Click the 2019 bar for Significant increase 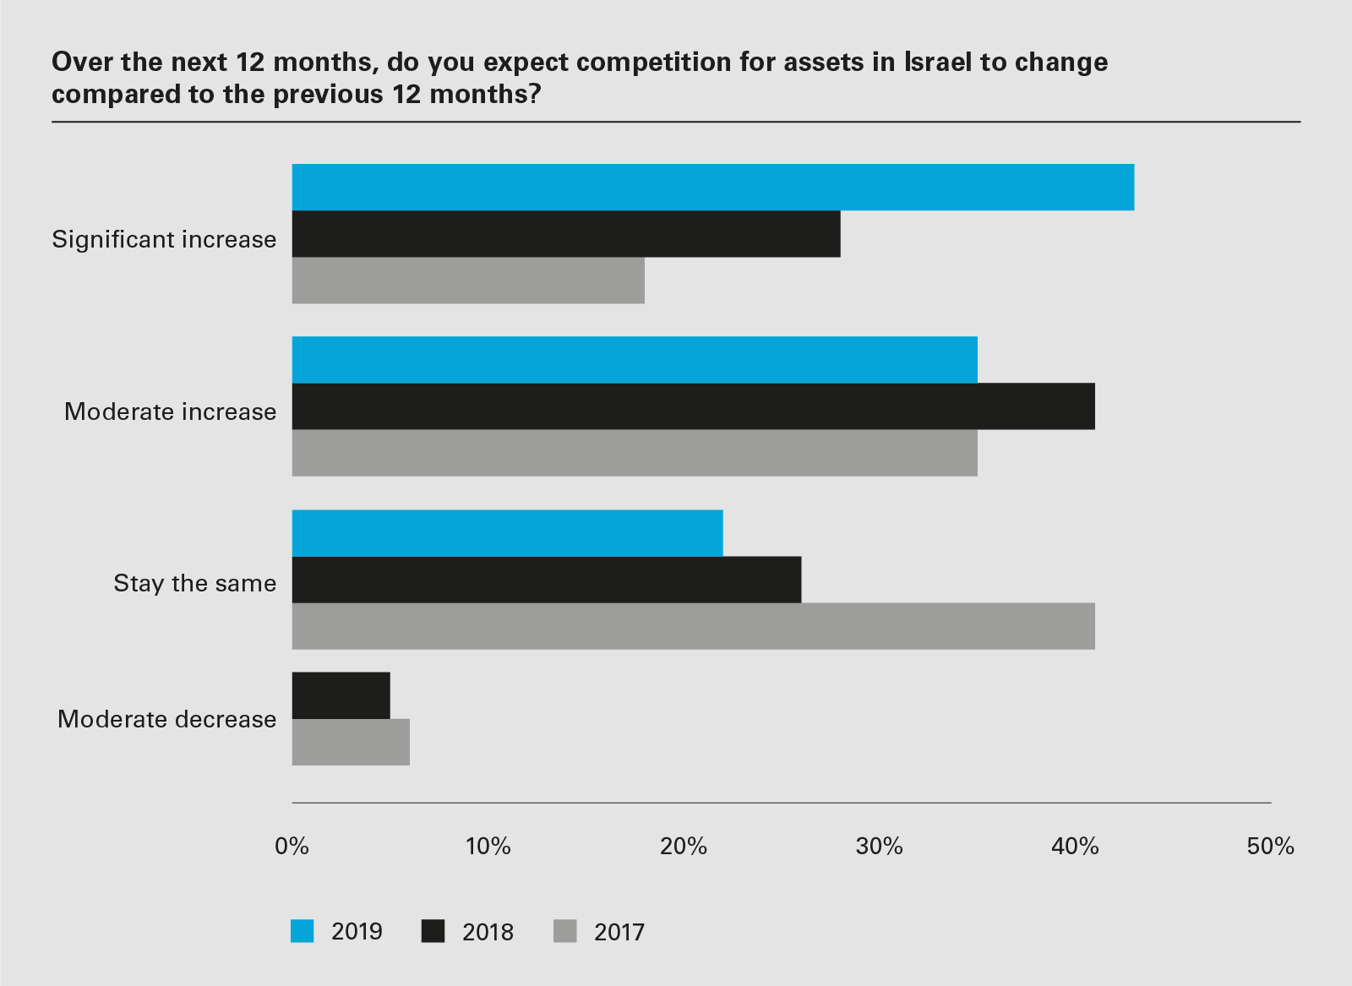(x=712, y=188)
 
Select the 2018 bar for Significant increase (x=566, y=234)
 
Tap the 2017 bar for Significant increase (x=468, y=281)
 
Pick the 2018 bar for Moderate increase (x=693, y=406)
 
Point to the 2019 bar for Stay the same (x=507, y=533)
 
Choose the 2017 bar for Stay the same (x=693, y=626)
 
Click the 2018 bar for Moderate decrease (x=341, y=695)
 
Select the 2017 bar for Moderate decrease (x=351, y=742)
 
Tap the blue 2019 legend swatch (x=303, y=931)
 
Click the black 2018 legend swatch (x=433, y=931)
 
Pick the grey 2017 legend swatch (x=564, y=931)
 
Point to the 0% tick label (x=292, y=846)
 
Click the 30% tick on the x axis (x=879, y=846)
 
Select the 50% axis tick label (x=1270, y=846)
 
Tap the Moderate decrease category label (x=167, y=719)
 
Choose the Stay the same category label (x=195, y=583)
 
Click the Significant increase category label (x=164, y=239)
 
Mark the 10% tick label (x=488, y=846)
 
